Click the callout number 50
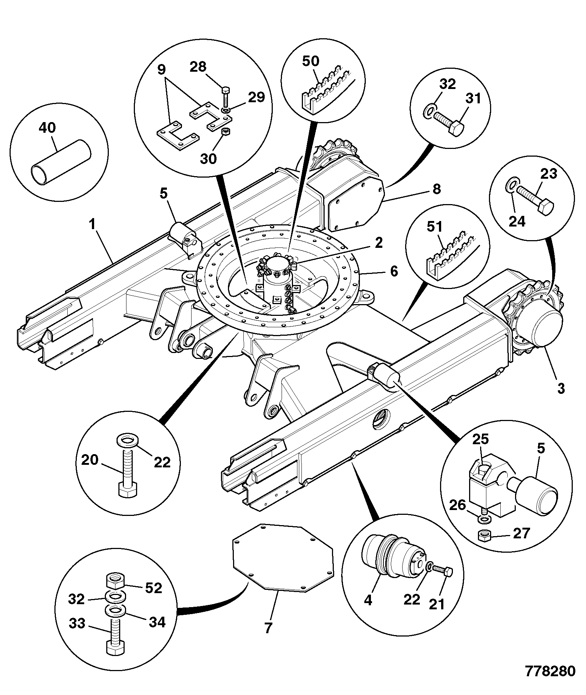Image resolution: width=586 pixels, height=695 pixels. coord(311,61)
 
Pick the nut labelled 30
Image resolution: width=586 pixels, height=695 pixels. coord(227,131)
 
